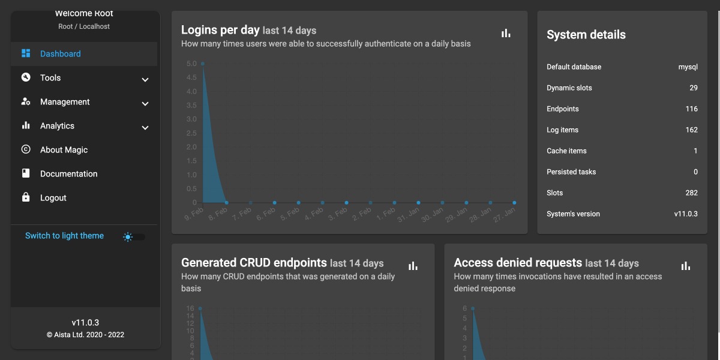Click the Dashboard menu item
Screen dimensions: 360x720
(x=60, y=54)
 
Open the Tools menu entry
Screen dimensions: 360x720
(x=50, y=78)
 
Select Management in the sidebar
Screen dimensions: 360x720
(x=65, y=102)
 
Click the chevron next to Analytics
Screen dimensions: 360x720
(x=145, y=127)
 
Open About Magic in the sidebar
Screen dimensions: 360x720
(x=64, y=150)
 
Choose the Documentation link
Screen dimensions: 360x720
(x=68, y=174)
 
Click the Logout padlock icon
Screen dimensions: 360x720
(x=26, y=197)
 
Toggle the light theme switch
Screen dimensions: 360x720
(x=134, y=237)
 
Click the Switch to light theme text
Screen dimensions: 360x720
(x=64, y=236)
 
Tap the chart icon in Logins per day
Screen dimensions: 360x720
(x=506, y=34)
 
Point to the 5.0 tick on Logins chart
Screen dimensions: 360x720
(x=191, y=64)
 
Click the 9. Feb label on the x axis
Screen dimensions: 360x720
(x=194, y=213)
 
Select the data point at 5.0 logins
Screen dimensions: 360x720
(x=203, y=64)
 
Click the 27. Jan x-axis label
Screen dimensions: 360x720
(x=505, y=214)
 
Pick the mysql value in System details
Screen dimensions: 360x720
(x=688, y=67)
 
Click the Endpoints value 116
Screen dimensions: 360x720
(x=691, y=109)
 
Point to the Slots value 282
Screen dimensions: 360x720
(x=691, y=193)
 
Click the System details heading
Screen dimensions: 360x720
(x=586, y=35)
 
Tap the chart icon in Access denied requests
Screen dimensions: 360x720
(x=686, y=266)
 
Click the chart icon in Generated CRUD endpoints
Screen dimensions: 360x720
(x=413, y=266)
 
